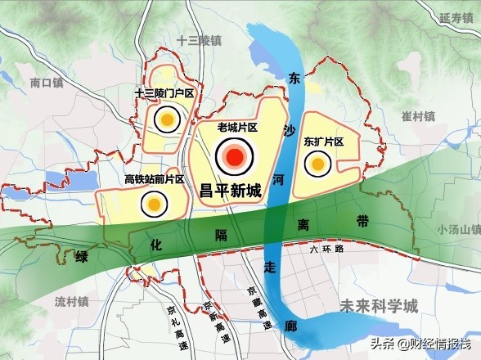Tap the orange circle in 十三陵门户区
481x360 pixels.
click(x=167, y=120)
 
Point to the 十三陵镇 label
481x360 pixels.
click(x=199, y=40)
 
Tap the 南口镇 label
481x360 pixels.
click(x=47, y=83)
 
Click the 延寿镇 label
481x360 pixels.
click(x=456, y=16)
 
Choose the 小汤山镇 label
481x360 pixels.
click(x=456, y=229)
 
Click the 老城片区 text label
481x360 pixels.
click(x=237, y=128)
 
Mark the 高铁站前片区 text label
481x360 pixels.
click(x=154, y=180)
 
